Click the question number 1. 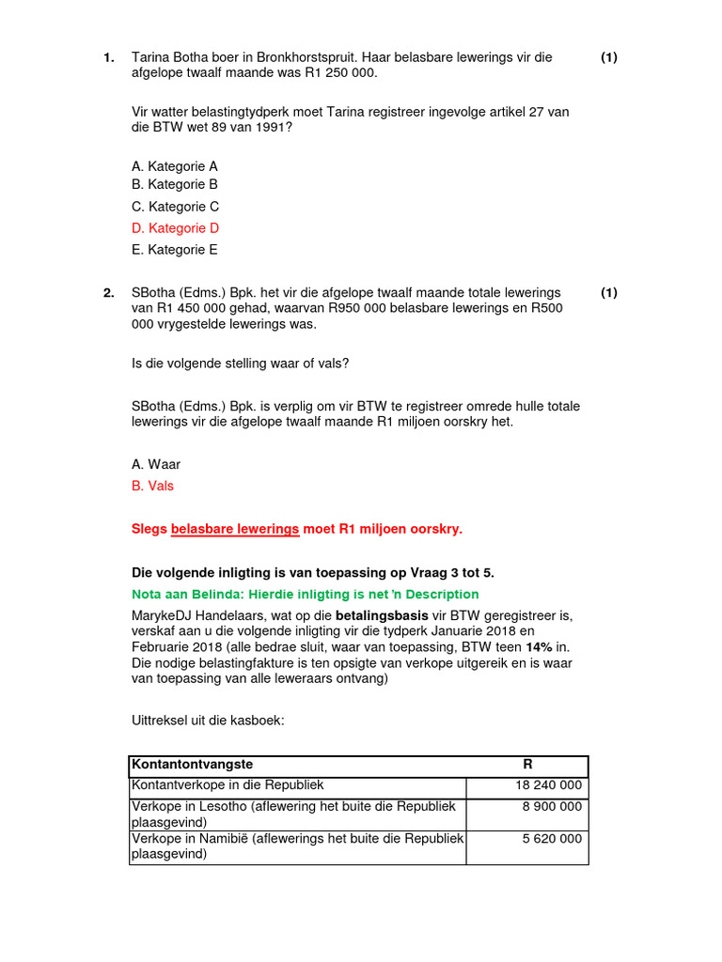click(x=108, y=58)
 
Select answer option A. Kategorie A click(x=175, y=166)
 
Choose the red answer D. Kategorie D click(x=176, y=228)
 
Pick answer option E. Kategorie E click(x=175, y=250)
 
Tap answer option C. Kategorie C click(x=176, y=207)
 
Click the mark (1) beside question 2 click(x=609, y=293)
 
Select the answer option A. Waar click(x=156, y=464)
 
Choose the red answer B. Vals click(x=153, y=486)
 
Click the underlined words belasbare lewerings click(x=235, y=529)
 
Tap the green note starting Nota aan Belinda click(x=305, y=595)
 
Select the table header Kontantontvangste click(x=193, y=766)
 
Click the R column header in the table click(x=527, y=766)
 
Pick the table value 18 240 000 click(x=548, y=786)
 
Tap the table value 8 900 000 click(x=552, y=807)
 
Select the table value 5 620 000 click(x=552, y=838)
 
